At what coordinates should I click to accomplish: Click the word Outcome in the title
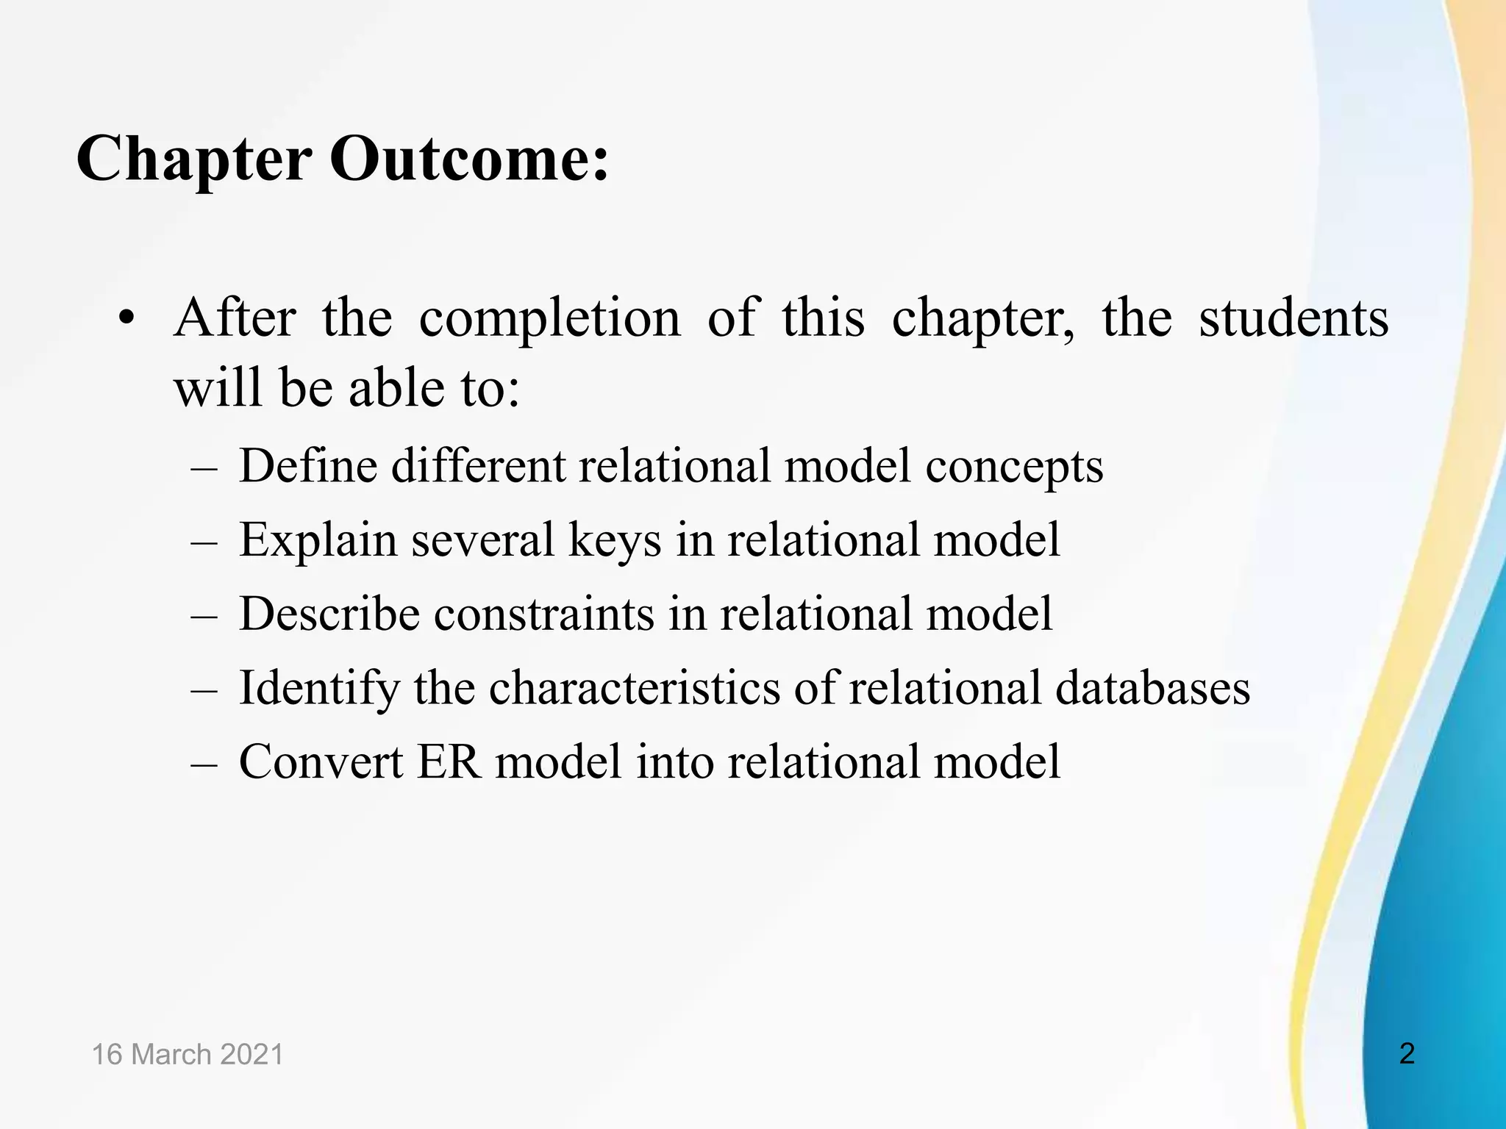pyautogui.click(x=469, y=159)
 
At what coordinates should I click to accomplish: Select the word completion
pyautogui.click(x=549, y=319)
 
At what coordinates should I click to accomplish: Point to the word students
pyautogui.click(x=1293, y=319)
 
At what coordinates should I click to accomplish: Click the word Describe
pyautogui.click(x=329, y=614)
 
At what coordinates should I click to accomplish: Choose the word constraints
pyautogui.click(x=544, y=614)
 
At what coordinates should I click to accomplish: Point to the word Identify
pyautogui.click(x=320, y=689)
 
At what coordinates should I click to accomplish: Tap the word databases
pyautogui.click(x=1152, y=689)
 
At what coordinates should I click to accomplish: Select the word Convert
pyautogui.click(x=321, y=761)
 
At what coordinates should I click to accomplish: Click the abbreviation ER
pyautogui.click(x=449, y=761)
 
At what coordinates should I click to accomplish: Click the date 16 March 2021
pyautogui.click(x=188, y=1054)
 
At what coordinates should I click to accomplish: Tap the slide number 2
pyautogui.click(x=1407, y=1053)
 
